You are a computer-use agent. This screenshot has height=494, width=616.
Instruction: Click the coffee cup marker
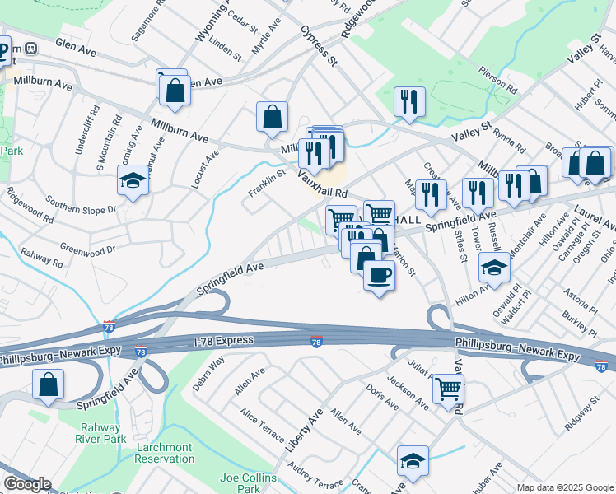[379, 275]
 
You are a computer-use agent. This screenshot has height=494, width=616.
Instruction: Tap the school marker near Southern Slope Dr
[132, 180]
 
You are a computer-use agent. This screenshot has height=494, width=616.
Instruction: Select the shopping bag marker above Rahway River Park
[49, 384]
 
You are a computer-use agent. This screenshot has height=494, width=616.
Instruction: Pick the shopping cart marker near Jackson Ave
[448, 388]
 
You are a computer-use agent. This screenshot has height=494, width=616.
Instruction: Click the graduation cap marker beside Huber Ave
[413, 461]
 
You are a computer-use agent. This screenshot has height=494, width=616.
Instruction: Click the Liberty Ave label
[304, 431]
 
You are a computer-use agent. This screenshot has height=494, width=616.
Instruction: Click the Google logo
[27, 484]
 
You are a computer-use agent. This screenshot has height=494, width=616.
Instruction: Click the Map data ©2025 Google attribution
[565, 487]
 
